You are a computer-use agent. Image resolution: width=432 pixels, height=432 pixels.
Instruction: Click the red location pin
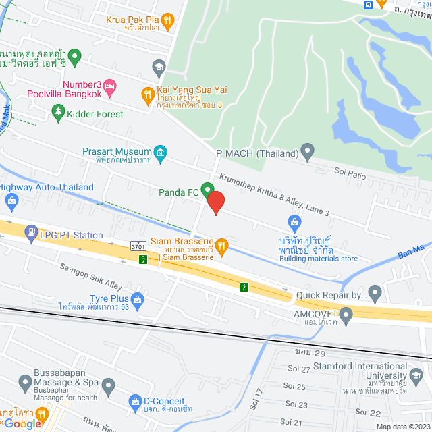click(x=215, y=202)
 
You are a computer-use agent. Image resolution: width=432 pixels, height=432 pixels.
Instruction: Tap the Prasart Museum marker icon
click(x=161, y=152)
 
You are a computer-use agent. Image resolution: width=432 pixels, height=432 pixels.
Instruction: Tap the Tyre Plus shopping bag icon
click(x=138, y=298)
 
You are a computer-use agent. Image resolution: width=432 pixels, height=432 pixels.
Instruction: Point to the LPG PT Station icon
click(x=31, y=234)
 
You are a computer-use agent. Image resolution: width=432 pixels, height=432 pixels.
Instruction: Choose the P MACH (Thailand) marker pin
click(x=308, y=152)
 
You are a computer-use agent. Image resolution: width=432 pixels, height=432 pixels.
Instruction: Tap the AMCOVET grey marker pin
click(x=346, y=315)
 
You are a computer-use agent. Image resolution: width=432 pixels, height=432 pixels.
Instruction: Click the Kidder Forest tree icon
click(x=58, y=113)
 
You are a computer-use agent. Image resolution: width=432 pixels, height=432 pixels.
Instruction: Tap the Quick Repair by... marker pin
click(x=375, y=294)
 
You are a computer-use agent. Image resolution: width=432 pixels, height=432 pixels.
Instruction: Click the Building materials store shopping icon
click(x=294, y=222)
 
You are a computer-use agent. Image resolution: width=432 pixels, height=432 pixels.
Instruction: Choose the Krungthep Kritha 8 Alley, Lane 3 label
click(x=274, y=195)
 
